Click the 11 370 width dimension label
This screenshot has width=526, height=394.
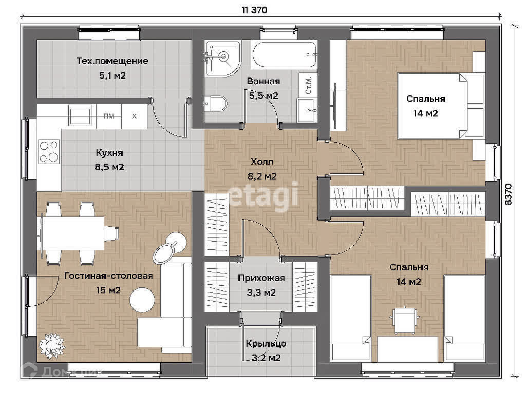pyautogui.click(x=254, y=10)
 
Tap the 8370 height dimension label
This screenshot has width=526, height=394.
pyautogui.click(x=509, y=194)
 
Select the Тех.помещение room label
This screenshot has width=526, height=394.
pyautogui.click(x=112, y=61)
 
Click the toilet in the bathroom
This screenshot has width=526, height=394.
pyautogui.click(x=215, y=104)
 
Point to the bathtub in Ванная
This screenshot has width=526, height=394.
pyautogui.click(x=285, y=54)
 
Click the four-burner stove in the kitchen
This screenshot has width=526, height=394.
pyautogui.click(x=49, y=152)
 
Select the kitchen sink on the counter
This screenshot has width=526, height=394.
pyautogui.click(x=80, y=115)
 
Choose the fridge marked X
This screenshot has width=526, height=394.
pyautogui.click(x=134, y=116)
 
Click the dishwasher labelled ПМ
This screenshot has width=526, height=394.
pyautogui.click(x=109, y=116)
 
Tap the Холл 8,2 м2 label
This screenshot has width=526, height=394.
pyautogui.click(x=262, y=169)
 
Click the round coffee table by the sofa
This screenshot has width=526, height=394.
pyautogui.click(x=143, y=300)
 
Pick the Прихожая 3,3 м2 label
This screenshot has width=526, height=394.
pyautogui.click(x=261, y=285)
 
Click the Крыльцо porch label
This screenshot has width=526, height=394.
pyautogui.click(x=266, y=343)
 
